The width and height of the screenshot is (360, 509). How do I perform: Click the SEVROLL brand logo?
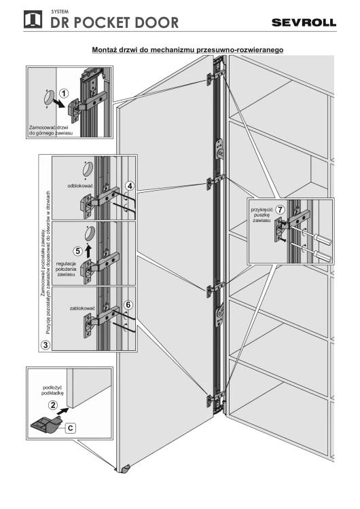coord(304,22)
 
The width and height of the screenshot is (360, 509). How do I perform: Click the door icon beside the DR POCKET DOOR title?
coord(33,19)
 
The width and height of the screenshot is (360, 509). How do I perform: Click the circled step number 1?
coord(64,94)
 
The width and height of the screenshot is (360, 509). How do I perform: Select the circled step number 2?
coord(52,405)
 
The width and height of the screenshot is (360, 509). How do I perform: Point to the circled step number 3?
coord(46,344)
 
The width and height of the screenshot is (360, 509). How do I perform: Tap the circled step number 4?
coord(130,186)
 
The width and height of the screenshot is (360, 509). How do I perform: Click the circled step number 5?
coord(77,251)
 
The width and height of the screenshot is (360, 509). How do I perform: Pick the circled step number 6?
coord(128,305)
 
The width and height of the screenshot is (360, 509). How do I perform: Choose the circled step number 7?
coord(280,210)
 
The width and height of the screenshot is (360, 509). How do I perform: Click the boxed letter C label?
coord(71,428)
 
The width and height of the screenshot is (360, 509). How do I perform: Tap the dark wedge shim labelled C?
coord(46,425)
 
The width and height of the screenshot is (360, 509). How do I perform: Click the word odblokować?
coord(80,186)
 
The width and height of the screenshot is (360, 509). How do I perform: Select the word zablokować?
coord(82,308)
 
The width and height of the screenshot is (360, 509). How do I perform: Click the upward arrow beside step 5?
coord(88,249)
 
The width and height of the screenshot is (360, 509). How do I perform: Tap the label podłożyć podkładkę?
coord(52,390)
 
